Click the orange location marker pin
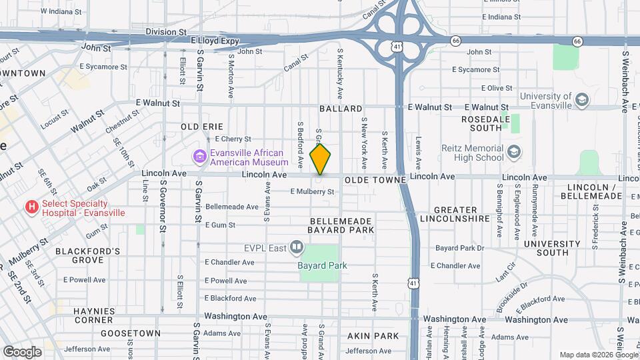(x=321, y=159)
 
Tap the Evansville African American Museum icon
(x=199, y=157)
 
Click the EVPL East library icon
(x=297, y=249)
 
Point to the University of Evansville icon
(x=582, y=101)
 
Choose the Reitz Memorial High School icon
(x=514, y=153)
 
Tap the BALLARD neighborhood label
(x=341, y=108)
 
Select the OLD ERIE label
(x=201, y=126)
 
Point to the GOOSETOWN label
(x=131, y=333)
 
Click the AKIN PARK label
(x=373, y=336)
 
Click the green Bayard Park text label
(x=323, y=265)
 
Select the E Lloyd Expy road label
(x=215, y=41)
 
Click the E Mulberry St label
(x=312, y=192)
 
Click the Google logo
(x=23, y=351)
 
